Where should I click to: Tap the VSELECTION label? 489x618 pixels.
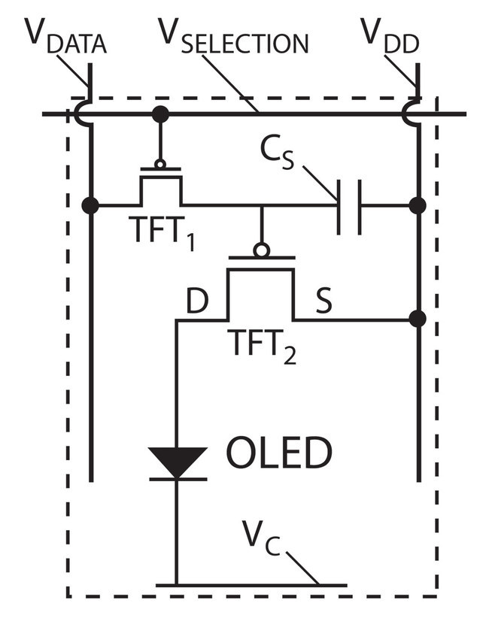[233, 35]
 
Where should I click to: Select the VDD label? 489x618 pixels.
[390, 35]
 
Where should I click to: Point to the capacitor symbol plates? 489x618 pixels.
[349, 207]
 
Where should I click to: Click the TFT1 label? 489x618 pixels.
[162, 233]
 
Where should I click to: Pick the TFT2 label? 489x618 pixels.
[262, 347]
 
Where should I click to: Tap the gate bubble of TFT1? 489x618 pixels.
[160, 164]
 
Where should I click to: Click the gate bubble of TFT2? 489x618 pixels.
[262, 250]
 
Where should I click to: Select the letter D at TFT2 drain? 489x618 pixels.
[197, 301]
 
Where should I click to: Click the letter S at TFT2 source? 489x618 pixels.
[323, 301]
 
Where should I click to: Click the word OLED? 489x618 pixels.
[279, 452]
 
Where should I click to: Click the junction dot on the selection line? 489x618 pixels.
[160, 114]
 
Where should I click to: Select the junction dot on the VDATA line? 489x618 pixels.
[90, 205]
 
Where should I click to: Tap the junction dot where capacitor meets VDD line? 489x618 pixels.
[418, 205]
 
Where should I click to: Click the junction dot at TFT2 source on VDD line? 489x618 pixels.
[418, 319]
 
